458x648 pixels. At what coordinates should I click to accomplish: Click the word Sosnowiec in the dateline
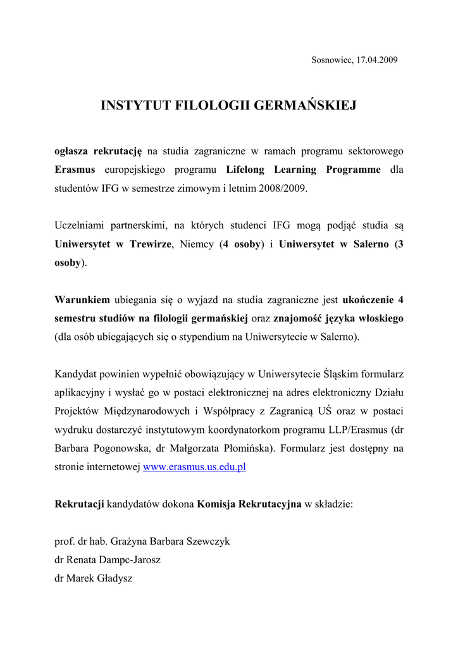(330, 60)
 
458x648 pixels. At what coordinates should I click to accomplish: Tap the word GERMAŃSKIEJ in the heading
(305, 106)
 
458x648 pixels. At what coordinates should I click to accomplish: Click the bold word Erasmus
(75, 170)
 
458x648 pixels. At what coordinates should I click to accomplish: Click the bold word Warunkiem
(83, 299)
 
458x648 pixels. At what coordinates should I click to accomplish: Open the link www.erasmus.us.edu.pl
(194, 467)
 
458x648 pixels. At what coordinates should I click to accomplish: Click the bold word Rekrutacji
(80, 504)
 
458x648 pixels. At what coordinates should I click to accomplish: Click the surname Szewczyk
(207, 542)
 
